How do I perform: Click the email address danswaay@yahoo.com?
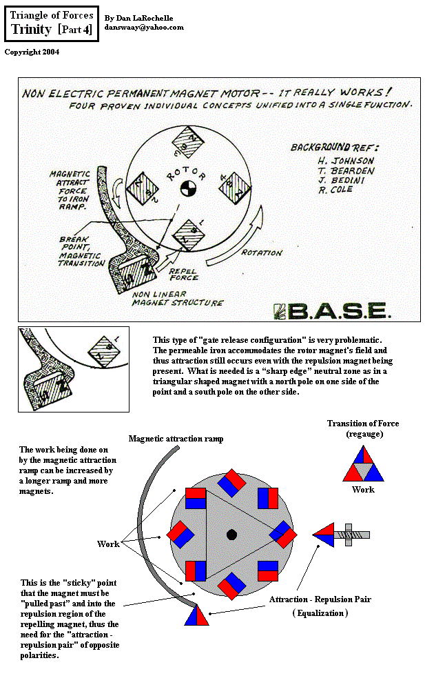[144, 28]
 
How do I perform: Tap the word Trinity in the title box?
[32, 30]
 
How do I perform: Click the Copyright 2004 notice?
[32, 52]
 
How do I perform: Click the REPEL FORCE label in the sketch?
[184, 274]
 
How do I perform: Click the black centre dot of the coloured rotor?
[231, 535]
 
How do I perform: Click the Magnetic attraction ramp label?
[176, 439]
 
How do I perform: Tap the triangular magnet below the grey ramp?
[196, 614]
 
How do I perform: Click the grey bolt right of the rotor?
[352, 535]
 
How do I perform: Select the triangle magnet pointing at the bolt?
[323, 535]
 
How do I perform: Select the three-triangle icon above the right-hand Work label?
[363, 464]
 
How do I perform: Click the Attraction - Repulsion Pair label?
[320, 599]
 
